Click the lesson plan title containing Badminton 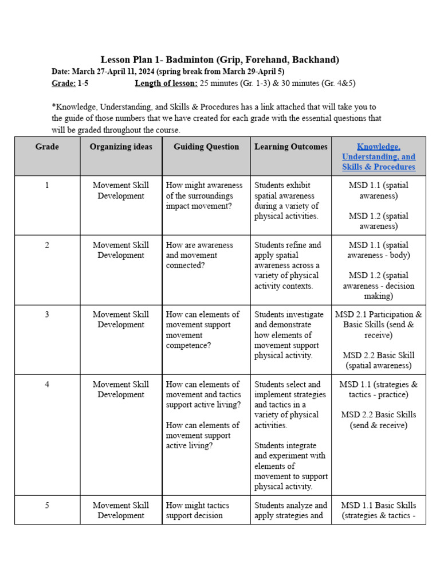pos(220,60)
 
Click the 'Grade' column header pos(47,147)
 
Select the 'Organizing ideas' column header pos(121,147)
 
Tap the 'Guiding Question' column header pos(206,147)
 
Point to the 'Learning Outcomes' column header pos(291,147)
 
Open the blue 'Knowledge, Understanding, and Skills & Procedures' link pos(379,156)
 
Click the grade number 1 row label pos(47,185)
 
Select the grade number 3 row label pos(47,314)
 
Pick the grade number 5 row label pos(47,505)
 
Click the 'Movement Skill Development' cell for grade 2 pos(121,250)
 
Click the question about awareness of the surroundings pos(204,195)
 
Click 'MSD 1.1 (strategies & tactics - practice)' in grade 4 pos(379,389)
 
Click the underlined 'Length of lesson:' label pos(166,83)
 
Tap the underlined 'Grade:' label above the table pos(64,83)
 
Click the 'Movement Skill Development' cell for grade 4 pos(121,389)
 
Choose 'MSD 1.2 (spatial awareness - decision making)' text pos(379,285)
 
